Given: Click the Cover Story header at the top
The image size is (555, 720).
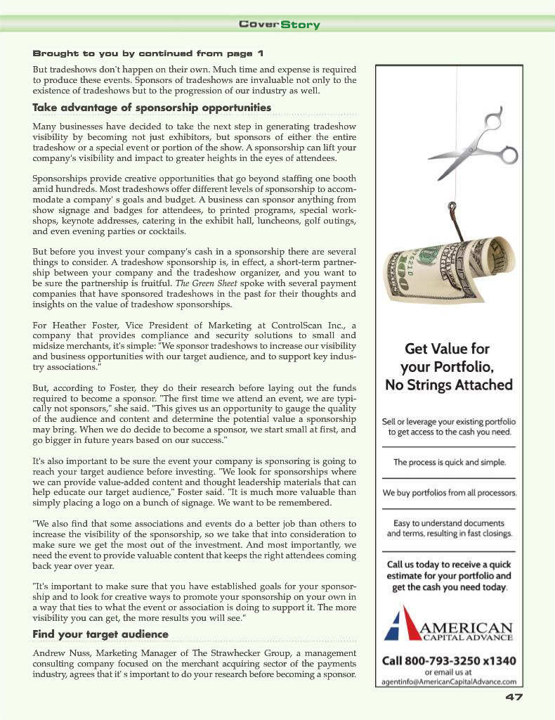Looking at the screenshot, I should pos(279,25).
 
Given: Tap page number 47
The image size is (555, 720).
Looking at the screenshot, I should pos(514,697).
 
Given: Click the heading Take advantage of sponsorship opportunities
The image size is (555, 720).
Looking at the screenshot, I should pos(152,108).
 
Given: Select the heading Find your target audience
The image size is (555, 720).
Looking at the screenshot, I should pos(100,634).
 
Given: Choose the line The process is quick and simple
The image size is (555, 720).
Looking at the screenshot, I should pos(449,463).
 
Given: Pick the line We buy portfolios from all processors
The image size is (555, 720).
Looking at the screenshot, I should pos(449,493).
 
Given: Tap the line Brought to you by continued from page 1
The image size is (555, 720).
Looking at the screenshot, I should pos(148,53).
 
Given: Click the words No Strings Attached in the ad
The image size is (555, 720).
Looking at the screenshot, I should pos(448,385).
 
